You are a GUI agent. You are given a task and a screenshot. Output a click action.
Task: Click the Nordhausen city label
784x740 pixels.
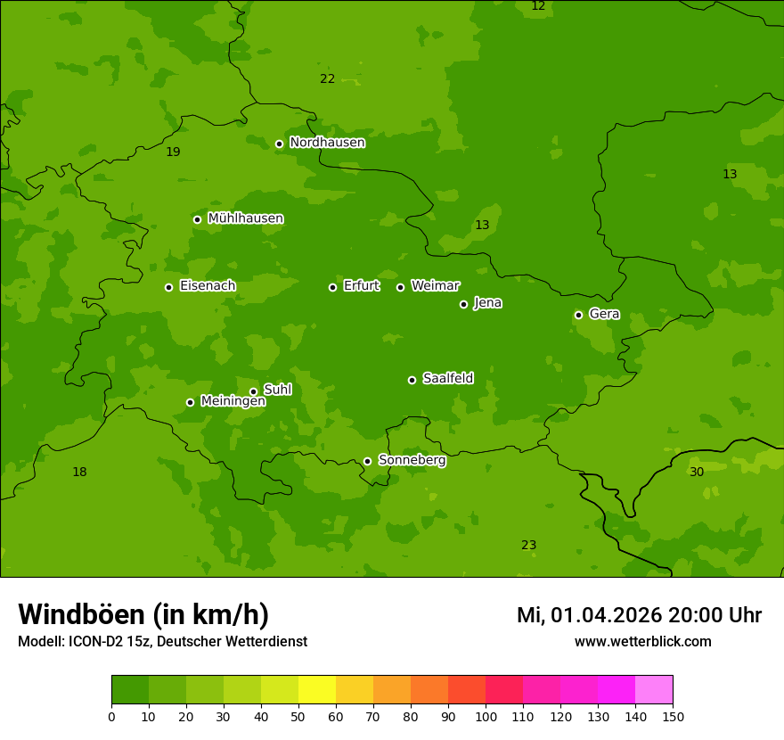point(327,143)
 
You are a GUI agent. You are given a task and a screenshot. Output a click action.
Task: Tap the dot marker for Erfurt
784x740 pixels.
point(332,287)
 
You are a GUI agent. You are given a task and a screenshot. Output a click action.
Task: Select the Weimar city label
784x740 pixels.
point(435,286)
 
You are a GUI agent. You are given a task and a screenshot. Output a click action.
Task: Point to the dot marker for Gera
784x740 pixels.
point(578,315)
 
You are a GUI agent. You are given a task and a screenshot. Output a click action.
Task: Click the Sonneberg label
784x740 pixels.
point(412,460)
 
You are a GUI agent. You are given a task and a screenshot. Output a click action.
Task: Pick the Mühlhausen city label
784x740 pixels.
point(245,218)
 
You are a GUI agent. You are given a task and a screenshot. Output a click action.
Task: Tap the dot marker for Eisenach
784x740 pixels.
point(168,287)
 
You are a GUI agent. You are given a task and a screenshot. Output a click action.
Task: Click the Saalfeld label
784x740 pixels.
point(447,379)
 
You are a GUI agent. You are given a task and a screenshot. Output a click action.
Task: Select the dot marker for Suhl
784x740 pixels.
point(253,391)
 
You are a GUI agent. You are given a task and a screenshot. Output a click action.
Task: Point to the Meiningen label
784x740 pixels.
point(233,402)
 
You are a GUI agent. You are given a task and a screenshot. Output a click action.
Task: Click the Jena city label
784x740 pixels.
point(487,303)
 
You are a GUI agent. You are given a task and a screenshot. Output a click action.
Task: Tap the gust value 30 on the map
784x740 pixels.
point(697,472)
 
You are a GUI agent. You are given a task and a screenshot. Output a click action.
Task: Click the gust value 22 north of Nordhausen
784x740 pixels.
point(327,78)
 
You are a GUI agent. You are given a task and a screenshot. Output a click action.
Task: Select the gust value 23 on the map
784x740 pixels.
point(528,545)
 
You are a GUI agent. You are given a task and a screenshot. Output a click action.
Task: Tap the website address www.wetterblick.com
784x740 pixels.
point(642,642)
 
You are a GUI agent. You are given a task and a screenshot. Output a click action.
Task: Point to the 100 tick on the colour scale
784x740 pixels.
point(486,716)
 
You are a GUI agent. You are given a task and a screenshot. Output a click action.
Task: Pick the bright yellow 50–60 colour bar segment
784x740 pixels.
point(317,689)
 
